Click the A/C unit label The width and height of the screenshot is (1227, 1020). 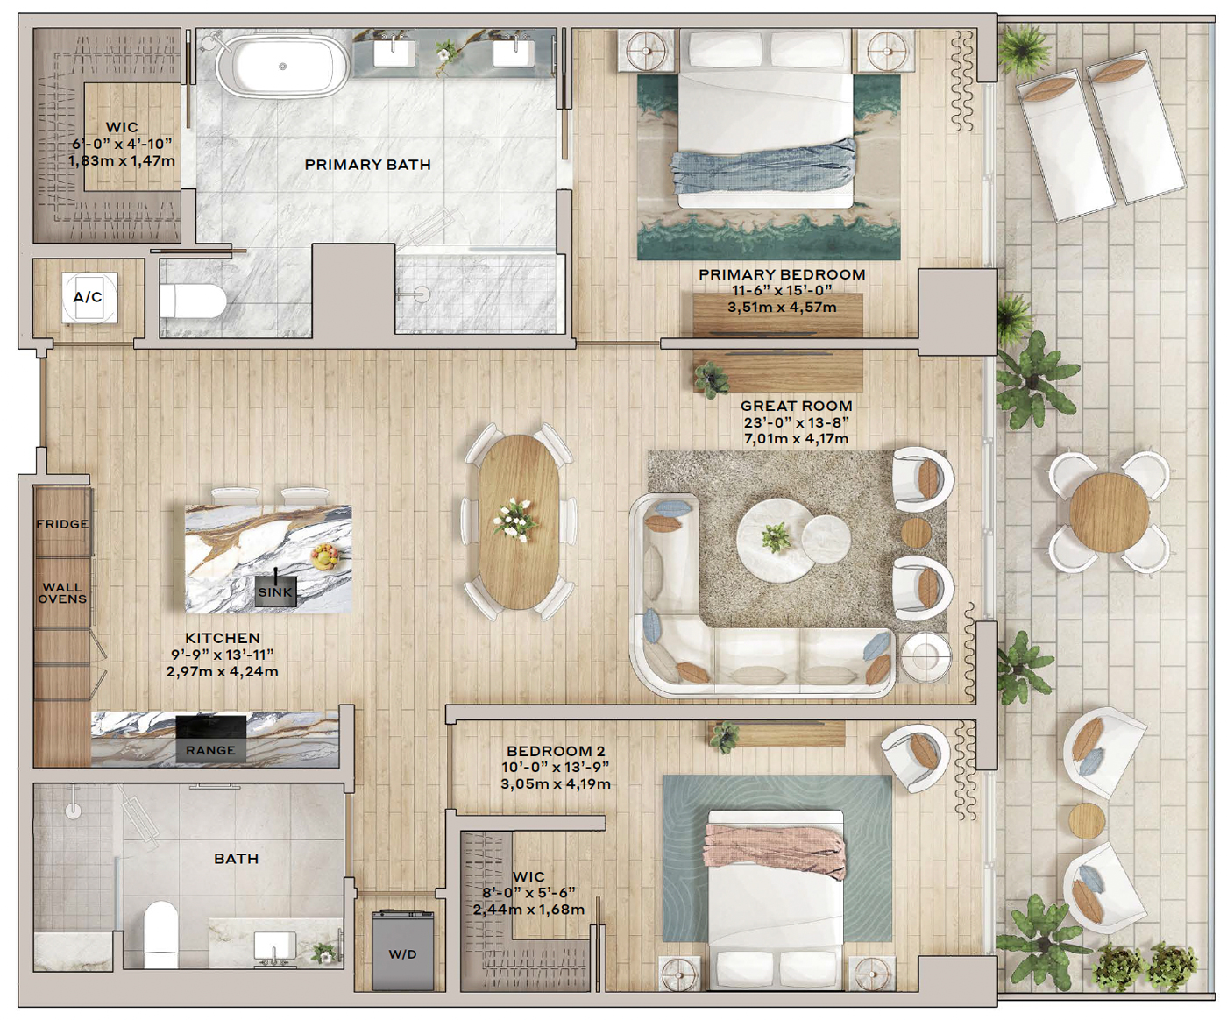(x=88, y=297)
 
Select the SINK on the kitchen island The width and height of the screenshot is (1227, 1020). (x=275, y=591)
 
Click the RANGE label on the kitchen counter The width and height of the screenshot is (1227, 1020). (x=210, y=750)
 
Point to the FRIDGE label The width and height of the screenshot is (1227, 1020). (x=62, y=523)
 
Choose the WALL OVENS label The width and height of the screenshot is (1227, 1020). (x=62, y=593)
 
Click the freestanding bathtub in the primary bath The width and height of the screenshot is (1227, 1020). (x=282, y=66)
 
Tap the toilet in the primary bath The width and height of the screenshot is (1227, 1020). (x=193, y=301)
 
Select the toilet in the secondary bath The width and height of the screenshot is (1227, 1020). (x=160, y=934)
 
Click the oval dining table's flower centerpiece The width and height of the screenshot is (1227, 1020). (x=515, y=519)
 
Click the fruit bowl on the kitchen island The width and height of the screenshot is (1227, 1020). (x=324, y=556)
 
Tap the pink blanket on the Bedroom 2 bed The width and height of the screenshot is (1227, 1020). (x=775, y=852)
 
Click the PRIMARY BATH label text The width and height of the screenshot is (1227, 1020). (x=368, y=165)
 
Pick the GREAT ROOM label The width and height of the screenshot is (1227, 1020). (x=797, y=406)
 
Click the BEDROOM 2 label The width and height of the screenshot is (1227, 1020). (x=556, y=751)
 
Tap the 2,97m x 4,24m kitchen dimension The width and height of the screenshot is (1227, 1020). (x=222, y=671)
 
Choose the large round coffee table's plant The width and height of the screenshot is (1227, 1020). (x=776, y=536)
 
